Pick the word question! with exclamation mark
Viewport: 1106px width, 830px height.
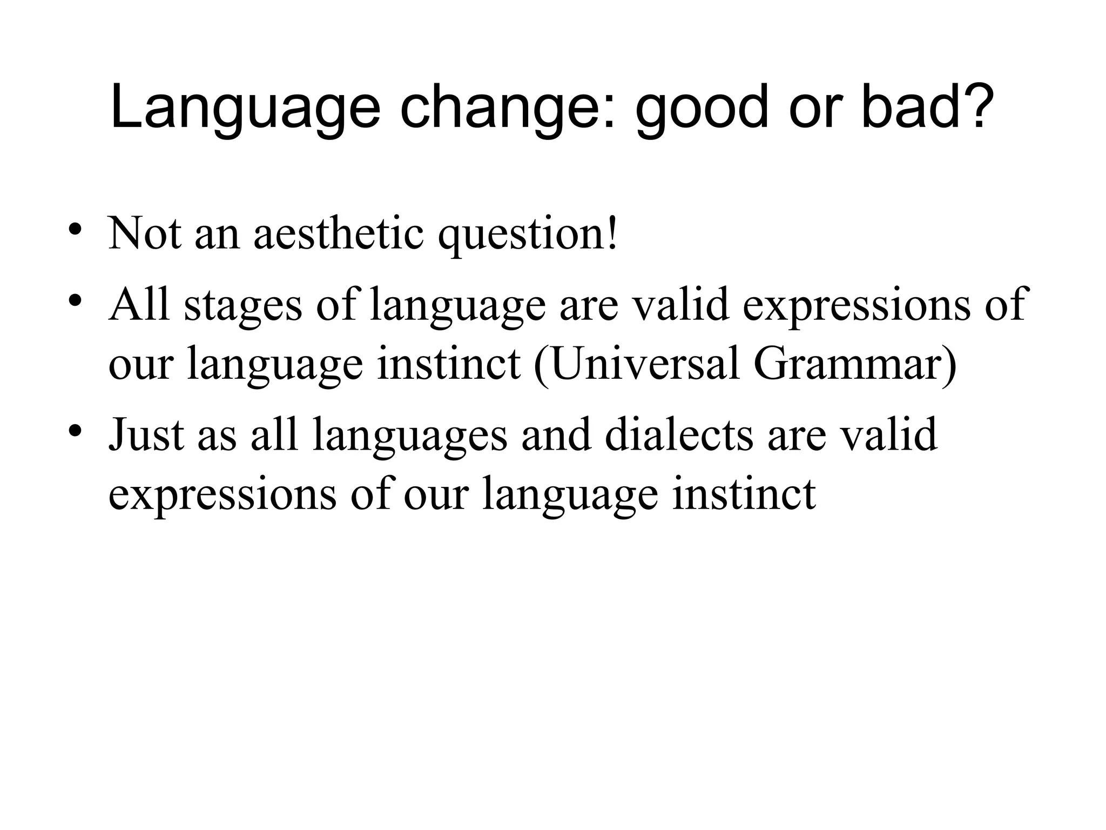[x=527, y=233]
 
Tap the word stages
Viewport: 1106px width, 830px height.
[x=242, y=305]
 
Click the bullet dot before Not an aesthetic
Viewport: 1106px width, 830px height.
[x=75, y=227]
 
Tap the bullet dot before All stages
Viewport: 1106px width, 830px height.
[x=75, y=299]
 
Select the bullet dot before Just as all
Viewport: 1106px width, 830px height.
[x=75, y=430]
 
